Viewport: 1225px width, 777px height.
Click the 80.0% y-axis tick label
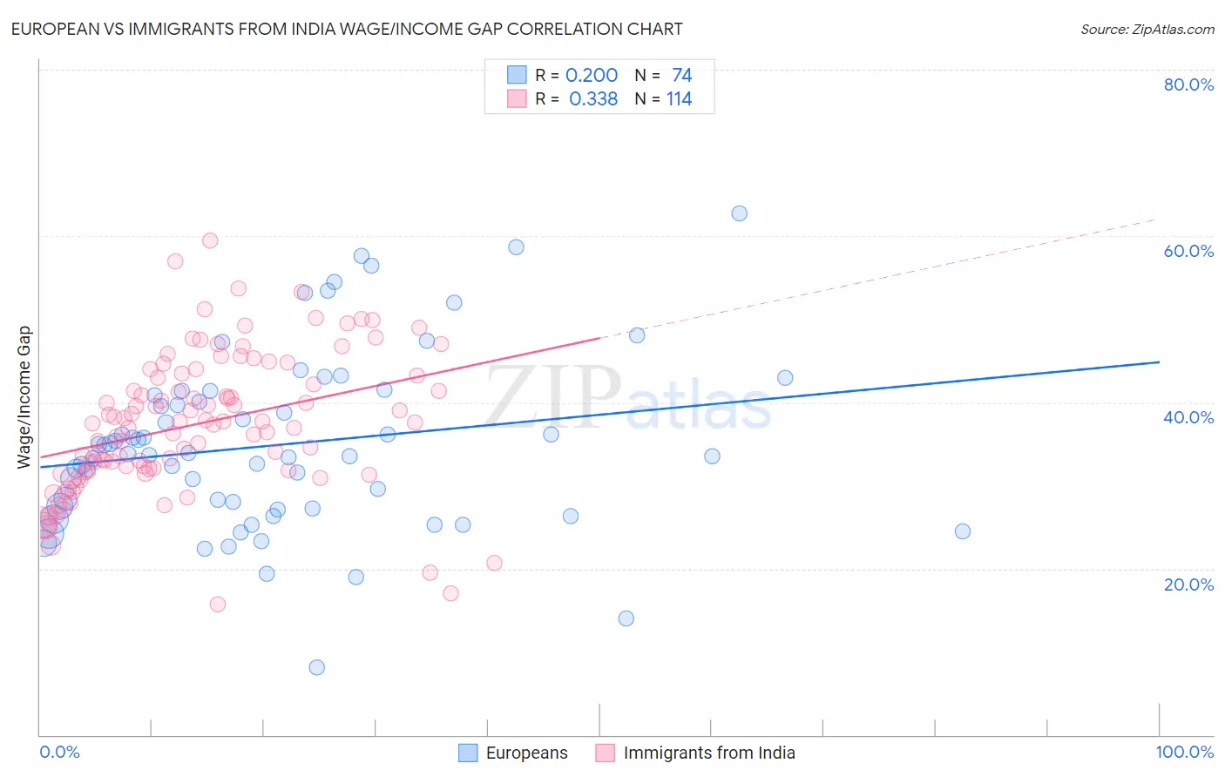coord(1188,84)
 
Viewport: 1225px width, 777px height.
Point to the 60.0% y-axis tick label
coord(1188,251)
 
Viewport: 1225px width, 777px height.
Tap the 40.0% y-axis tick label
coord(1188,417)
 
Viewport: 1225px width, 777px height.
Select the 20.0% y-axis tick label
coord(1188,584)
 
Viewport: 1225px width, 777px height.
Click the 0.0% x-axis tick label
coord(59,752)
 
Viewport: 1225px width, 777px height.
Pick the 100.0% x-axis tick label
coord(1184,752)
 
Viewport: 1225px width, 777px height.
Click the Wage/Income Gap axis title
coord(24,397)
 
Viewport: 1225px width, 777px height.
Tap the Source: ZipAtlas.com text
coord(1147,29)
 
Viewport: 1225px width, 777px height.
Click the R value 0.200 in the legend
coord(592,75)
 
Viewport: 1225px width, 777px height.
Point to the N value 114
coord(679,98)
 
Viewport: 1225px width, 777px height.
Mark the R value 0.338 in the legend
coord(592,98)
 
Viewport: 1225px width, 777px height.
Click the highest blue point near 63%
coord(739,213)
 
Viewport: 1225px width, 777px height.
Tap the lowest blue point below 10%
coord(317,667)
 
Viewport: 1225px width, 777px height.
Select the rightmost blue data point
coord(962,531)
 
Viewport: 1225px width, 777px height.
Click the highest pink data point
coord(210,240)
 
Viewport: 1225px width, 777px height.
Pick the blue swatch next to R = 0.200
coord(517,75)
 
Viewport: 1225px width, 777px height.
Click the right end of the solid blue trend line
coord(1159,361)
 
